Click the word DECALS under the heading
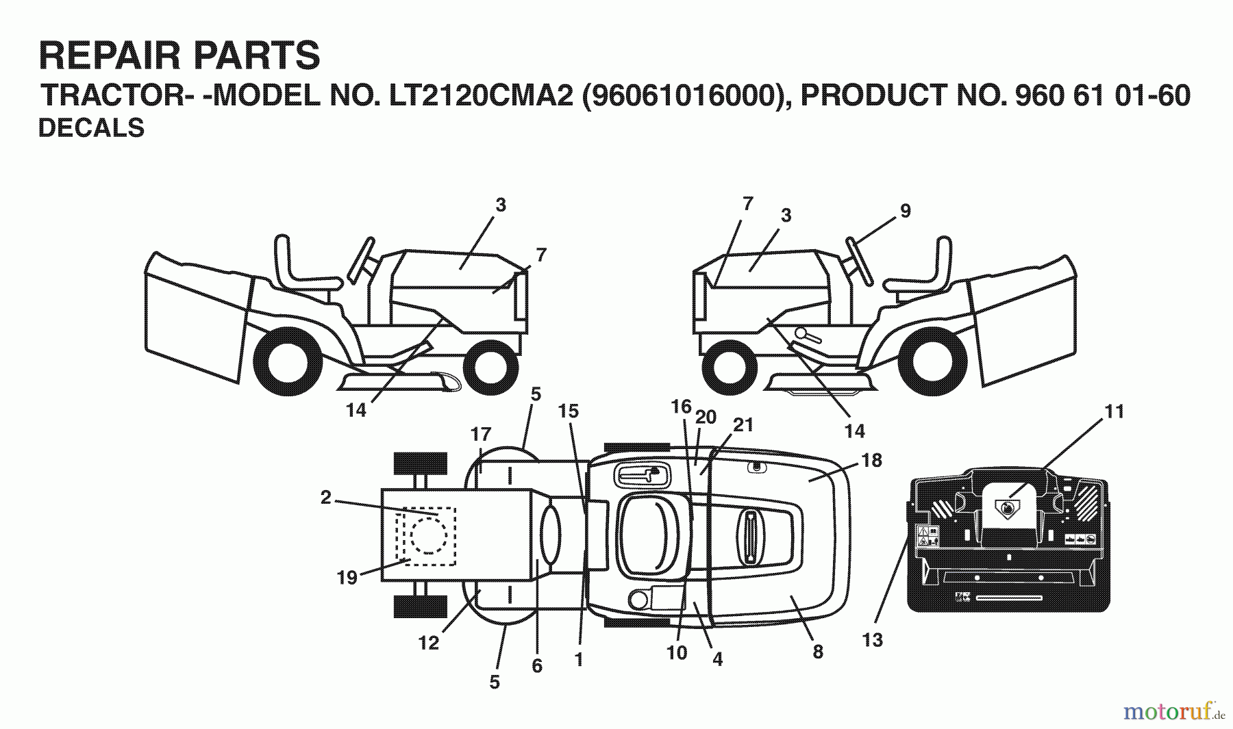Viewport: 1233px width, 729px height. pyautogui.click(x=91, y=128)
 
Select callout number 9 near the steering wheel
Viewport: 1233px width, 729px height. pyautogui.click(x=905, y=212)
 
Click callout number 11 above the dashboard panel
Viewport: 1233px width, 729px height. pyautogui.click(x=1114, y=411)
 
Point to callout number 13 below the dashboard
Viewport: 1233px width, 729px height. pyautogui.click(x=872, y=640)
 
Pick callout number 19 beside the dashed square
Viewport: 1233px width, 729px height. pyautogui.click(x=347, y=577)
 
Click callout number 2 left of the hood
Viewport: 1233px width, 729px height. pyautogui.click(x=325, y=498)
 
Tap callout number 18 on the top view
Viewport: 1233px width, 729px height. pyautogui.click(x=871, y=461)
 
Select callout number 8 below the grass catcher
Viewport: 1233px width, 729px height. pyautogui.click(x=817, y=652)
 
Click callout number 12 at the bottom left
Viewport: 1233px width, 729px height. pyautogui.click(x=429, y=643)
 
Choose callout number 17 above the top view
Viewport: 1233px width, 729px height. pyautogui.click(x=481, y=434)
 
